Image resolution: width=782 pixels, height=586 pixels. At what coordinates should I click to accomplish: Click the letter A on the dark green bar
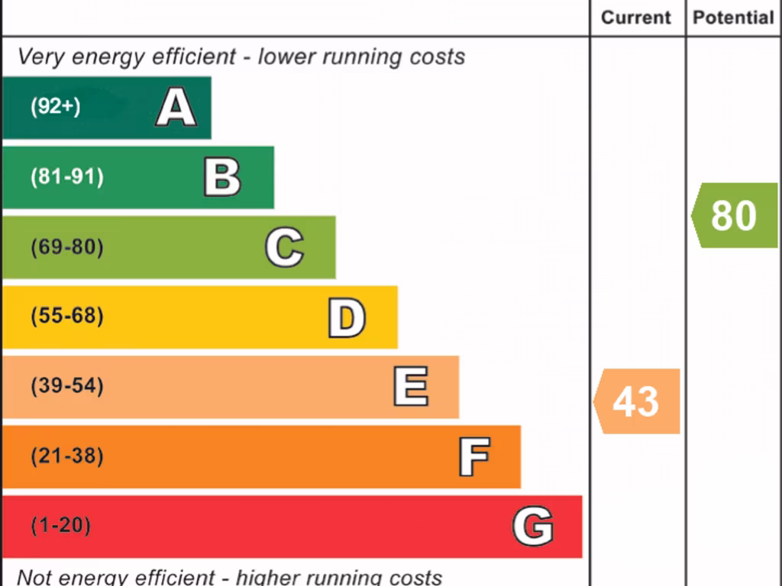pos(176,108)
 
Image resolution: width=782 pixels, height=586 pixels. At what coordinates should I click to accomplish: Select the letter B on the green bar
pos(222,177)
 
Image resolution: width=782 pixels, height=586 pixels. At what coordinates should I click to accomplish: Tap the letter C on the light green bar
pos(284,247)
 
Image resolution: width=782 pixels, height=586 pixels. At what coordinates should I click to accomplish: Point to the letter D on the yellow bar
pos(347,317)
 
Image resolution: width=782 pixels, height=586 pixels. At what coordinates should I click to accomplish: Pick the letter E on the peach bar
pos(410,387)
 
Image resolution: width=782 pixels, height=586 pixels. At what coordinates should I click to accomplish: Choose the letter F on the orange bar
pos(473,456)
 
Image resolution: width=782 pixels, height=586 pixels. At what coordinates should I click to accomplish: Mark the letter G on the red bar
pos(532,526)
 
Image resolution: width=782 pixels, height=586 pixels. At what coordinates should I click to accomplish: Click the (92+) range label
pos(55,107)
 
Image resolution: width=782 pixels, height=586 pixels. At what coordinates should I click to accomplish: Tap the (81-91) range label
pos(66,177)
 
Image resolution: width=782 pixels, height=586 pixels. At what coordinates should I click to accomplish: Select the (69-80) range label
pos(66,247)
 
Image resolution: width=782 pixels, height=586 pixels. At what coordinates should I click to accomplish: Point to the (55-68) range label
pos(66,316)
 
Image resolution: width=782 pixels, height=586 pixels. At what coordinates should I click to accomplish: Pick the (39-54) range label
pos(66,386)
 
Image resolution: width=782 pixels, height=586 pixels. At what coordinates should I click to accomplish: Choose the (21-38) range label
pos(66,456)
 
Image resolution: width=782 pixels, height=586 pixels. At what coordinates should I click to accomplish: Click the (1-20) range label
pos(60,526)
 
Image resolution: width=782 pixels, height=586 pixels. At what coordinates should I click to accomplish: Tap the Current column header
pos(636,18)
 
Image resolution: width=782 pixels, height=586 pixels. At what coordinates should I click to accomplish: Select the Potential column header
pos(733,18)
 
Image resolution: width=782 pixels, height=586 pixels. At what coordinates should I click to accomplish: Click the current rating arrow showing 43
pos(637,401)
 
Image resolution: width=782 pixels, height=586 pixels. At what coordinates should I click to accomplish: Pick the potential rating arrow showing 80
pos(735,215)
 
